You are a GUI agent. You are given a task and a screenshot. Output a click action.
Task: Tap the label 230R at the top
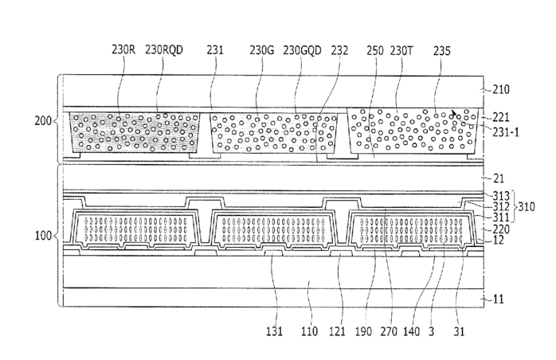(123, 50)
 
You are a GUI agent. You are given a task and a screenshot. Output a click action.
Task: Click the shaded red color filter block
(135, 132)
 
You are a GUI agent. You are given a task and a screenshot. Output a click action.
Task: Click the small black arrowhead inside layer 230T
(455, 115)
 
